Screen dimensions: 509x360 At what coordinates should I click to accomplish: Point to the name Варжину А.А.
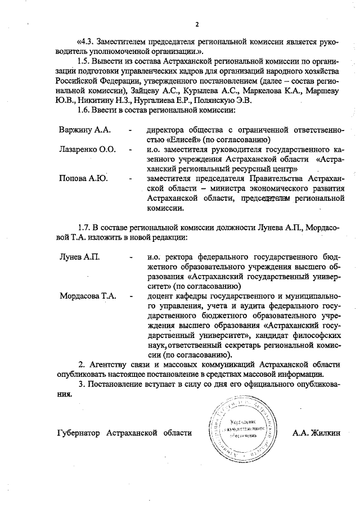point(84,130)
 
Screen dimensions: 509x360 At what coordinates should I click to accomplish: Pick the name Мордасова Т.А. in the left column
point(88,295)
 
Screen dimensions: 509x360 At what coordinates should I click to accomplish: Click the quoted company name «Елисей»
point(185,139)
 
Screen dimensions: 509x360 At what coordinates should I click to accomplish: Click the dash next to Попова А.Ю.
point(130,179)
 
